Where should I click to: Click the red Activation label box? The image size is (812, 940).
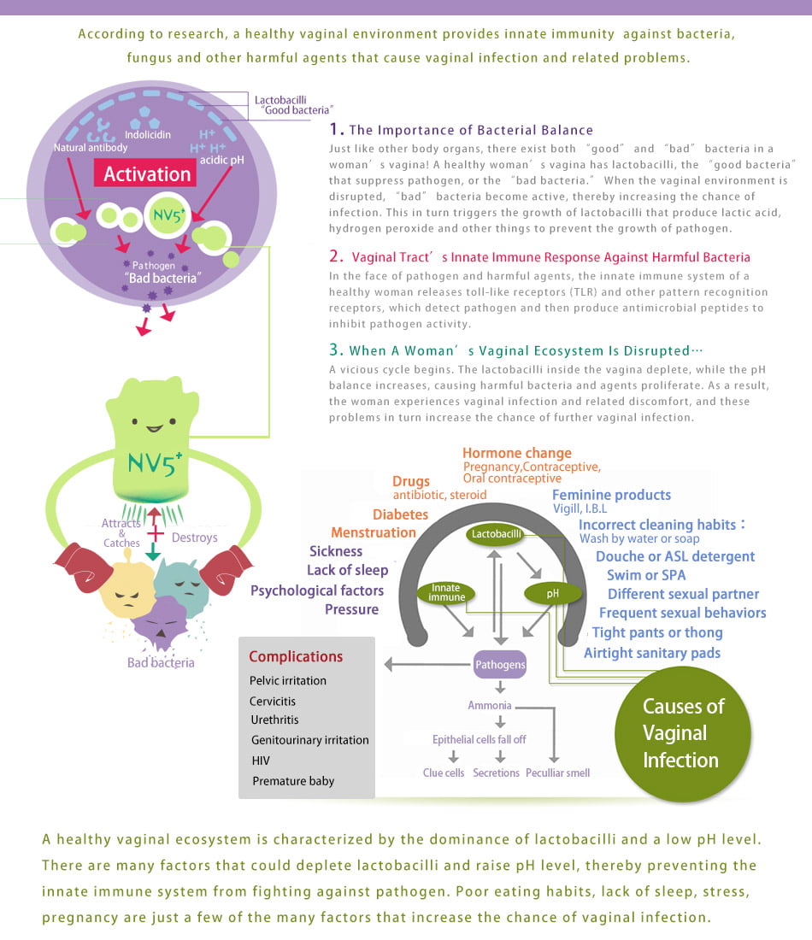tap(145, 173)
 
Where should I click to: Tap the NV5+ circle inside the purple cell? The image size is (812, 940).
tap(168, 214)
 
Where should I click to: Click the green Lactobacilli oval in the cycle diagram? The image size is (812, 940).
tap(496, 534)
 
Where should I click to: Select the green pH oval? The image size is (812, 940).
tap(552, 594)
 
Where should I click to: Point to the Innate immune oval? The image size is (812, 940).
tap(445, 593)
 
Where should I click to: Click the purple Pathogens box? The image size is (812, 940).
tap(500, 664)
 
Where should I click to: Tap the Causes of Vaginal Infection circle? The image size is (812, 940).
tap(682, 734)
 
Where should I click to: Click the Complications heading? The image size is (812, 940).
tap(296, 656)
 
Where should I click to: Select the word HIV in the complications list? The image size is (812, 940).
tap(261, 761)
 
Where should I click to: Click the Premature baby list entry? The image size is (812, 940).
tap(293, 781)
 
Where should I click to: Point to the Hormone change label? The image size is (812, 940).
tap(517, 453)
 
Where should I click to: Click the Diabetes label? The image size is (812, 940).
tap(401, 514)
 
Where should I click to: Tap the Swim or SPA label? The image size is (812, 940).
tap(646, 575)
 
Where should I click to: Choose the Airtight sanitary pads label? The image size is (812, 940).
tap(652, 653)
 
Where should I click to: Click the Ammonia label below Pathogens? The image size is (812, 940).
tap(490, 706)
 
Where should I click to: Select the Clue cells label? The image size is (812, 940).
tap(444, 773)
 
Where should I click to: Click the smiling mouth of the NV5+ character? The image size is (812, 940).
tap(154, 429)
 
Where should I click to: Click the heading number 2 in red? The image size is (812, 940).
tap(336, 256)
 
